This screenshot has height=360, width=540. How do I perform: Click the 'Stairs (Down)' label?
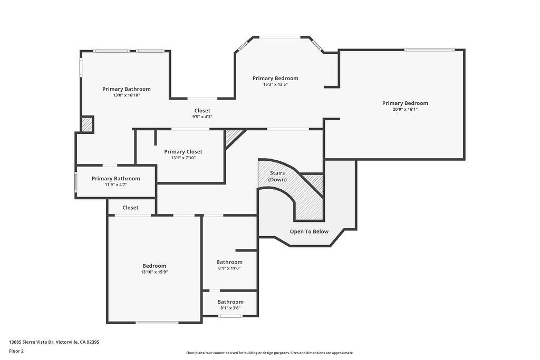[277, 176]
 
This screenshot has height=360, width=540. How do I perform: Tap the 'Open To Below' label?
[309, 231]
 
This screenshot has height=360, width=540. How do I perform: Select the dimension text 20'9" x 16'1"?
[405, 110]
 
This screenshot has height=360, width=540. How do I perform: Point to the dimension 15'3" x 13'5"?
[275, 84]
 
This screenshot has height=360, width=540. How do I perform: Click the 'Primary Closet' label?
[183, 152]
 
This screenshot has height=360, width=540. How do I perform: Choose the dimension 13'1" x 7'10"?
[183, 158]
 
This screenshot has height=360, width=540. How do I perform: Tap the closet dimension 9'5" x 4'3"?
[202, 116]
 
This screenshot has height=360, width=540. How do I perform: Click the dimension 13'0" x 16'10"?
[127, 95]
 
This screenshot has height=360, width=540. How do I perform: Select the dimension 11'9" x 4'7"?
[115, 185]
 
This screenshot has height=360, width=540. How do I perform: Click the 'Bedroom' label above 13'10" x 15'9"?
[155, 266]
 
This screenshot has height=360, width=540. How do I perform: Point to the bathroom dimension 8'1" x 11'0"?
[229, 268]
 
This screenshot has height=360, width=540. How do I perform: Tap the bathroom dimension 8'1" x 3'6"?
[230, 308]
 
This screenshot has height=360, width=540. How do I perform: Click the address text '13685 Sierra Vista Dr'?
[31, 342]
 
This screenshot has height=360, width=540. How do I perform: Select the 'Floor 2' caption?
[16, 351]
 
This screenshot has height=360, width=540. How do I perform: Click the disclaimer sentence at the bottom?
[269, 353]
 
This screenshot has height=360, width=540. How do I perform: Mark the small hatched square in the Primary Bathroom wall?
[87, 124]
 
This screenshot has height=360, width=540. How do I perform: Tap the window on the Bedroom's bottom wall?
[157, 323]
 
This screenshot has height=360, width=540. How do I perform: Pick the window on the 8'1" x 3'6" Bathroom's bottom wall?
[230, 316]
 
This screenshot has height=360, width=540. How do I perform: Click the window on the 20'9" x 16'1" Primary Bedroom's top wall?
[429, 50]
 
